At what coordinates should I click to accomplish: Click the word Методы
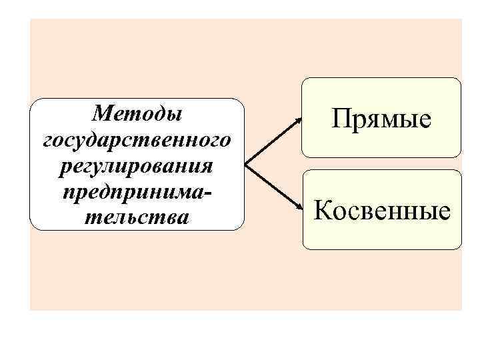coord(137,113)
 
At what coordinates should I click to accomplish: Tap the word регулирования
coord(136,165)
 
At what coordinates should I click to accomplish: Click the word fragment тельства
coord(137,217)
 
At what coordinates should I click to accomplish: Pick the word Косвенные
coord(382,211)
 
